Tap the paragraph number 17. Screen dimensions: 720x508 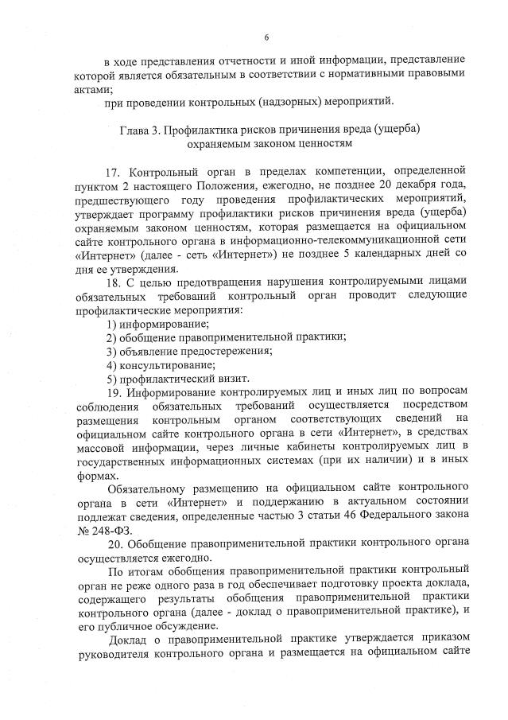[114, 171]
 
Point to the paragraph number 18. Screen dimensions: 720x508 [114, 281]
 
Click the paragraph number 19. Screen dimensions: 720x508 [114, 391]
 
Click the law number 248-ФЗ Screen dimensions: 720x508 [106, 527]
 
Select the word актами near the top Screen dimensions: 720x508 [95, 88]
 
